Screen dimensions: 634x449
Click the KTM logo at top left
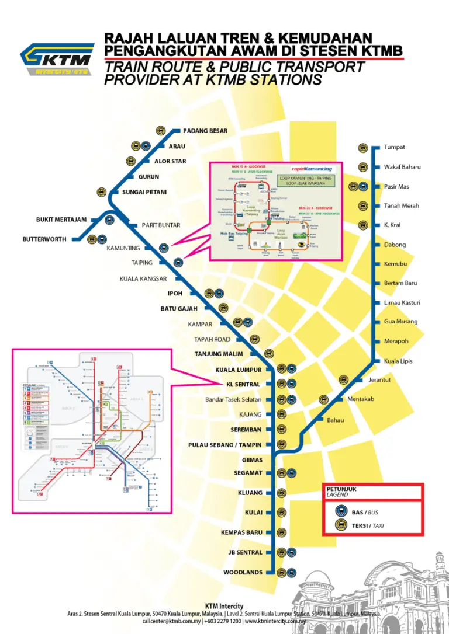point(57,60)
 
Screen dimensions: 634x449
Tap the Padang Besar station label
point(205,131)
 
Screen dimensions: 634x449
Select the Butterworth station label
point(44,239)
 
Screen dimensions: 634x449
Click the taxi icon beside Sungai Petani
point(101,192)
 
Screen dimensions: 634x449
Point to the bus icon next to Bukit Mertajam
point(109,220)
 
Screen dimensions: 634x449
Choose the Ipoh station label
point(175,294)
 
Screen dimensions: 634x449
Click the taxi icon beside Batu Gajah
point(223,308)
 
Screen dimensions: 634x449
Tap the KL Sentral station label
point(243,384)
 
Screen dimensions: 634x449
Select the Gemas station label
point(252,460)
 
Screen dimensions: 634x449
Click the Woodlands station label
point(243,573)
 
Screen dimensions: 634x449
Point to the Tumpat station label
point(394,147)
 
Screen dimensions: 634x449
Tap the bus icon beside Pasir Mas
point(363,187)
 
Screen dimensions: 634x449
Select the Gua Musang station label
point(400,322)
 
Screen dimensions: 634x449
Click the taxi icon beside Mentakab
point(323,399)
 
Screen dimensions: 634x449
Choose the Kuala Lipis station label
point(398,361)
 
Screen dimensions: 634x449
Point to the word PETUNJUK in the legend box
point(341,489)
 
